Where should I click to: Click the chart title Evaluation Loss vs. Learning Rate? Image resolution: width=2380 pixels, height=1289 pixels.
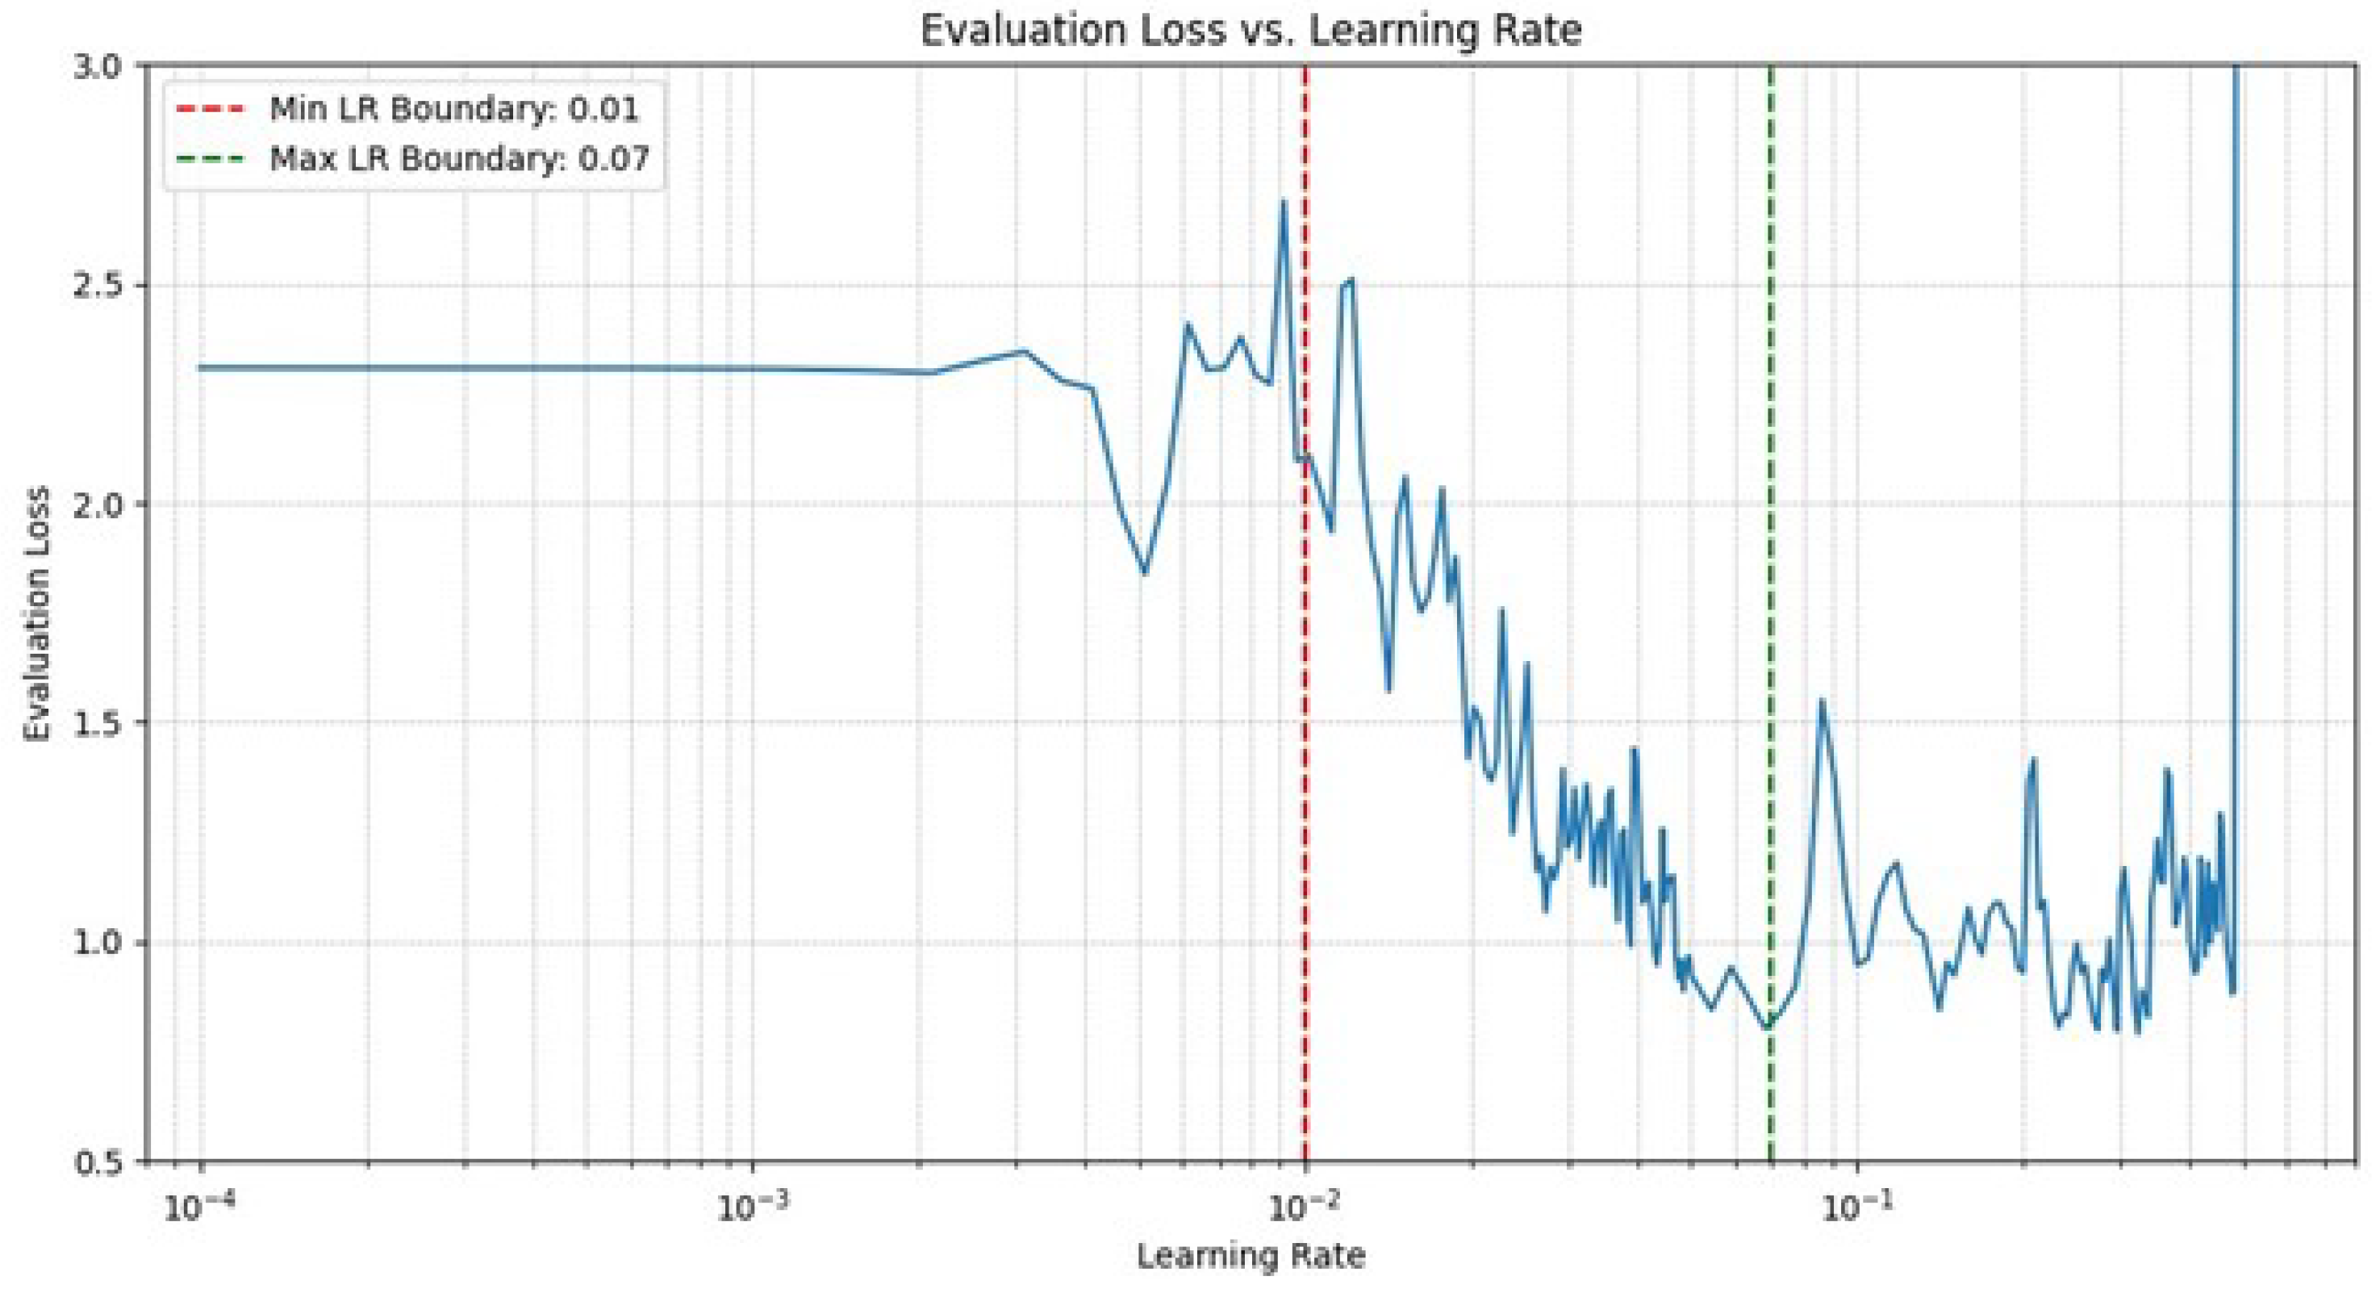coord(1250,30)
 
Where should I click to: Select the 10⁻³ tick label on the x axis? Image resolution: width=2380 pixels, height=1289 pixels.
coord(751,1206)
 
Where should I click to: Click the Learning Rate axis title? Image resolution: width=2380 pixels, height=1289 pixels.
coord(1250,1256)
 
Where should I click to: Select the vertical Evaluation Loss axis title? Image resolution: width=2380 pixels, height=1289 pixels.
coord(37,614)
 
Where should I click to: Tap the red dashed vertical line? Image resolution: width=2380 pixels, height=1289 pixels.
coord(1305,739)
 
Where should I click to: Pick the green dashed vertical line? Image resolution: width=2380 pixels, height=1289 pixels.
coord(1771,555)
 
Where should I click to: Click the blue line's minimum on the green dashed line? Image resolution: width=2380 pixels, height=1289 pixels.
coord(1768,1027)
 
